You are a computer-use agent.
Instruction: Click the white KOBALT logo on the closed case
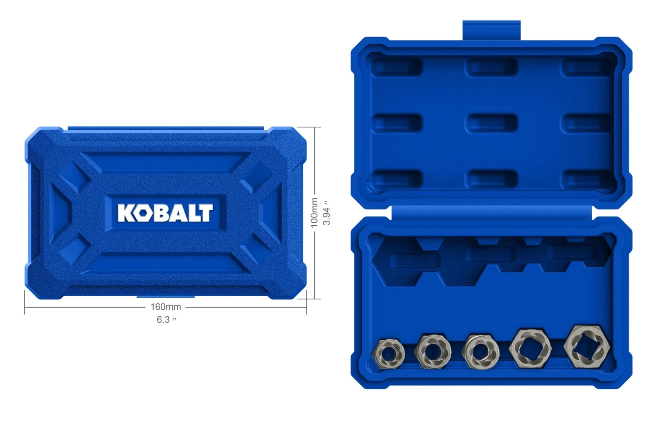click(165, 213)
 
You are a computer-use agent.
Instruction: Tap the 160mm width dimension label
click(166, 307)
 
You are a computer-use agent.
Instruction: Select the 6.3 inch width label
click(166, 319)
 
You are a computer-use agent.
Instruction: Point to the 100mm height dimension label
click(314, 213)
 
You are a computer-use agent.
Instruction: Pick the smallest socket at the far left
click(389, 354)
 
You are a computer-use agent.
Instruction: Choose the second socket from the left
click(433, 351)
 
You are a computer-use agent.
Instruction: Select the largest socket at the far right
click(587, 346)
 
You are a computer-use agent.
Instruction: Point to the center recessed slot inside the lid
click(492, 122)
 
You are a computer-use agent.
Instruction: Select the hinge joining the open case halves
click(492, 212)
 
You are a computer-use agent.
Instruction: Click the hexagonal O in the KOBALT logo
click(143, 213)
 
